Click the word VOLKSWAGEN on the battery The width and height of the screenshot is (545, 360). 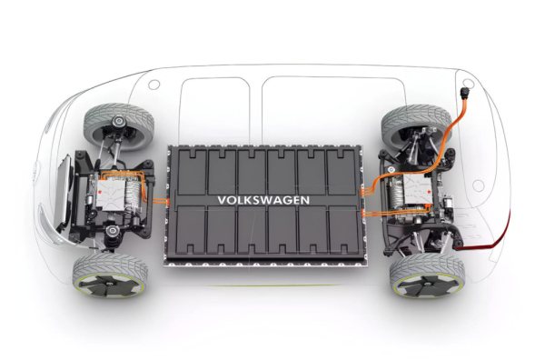[x=263, y=200]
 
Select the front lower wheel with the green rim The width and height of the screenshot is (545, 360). [x=110, y=275]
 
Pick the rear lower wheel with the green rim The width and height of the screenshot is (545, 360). [x=428, y=276]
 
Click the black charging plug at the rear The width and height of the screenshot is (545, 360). [x=464, y=94]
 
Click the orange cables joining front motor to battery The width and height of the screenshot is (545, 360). [x=161, y=201]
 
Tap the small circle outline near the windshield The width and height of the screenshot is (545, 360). [x=154, y=85]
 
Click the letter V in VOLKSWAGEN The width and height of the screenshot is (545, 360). [x=222, y=200]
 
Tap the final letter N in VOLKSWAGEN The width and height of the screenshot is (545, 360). [x=305, y=200]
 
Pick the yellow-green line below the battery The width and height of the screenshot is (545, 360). [x=274, y=285]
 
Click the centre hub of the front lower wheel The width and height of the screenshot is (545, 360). [x=110, y=284]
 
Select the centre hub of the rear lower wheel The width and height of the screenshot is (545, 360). [x=429, y=285]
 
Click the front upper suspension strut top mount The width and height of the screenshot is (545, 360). [x=119, y=122]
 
